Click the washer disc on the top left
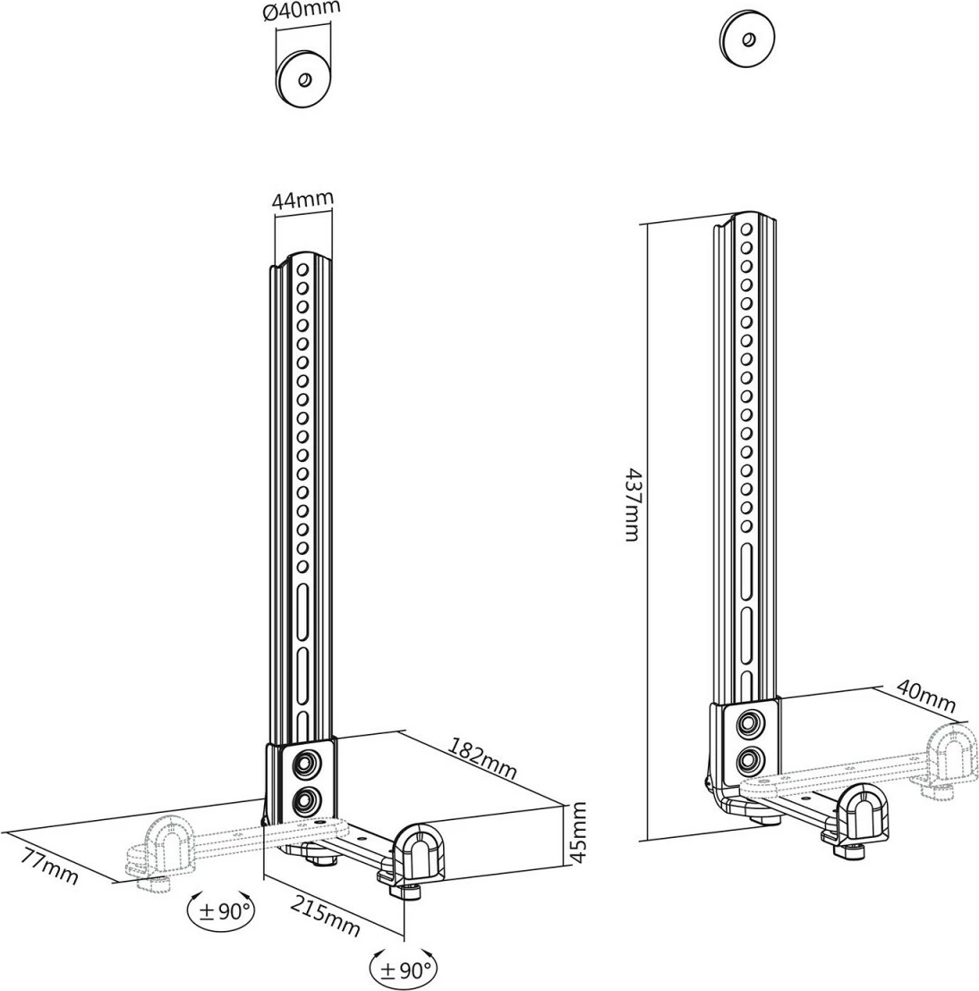(x=303, y=80)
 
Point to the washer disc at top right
(x=747, y=39)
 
